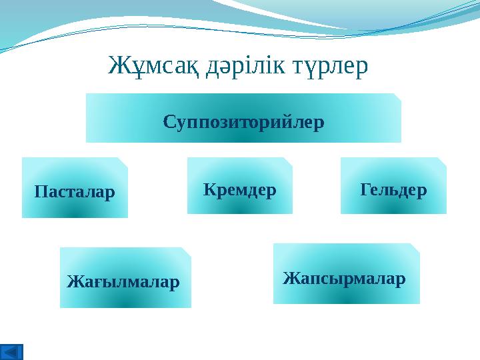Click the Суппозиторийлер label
coord(243,123)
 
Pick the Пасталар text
coord(75,192)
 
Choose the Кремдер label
coord(239,190)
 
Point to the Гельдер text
coord(393,190)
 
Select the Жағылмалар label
coord(123,282)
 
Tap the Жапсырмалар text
coord(344,277)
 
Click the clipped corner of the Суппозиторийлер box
coord(397,97)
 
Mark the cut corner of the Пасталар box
coord(123,161)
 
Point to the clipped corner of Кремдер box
coord(288,161)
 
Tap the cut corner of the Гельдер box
coord(442,161)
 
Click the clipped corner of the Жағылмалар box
coord(187,251)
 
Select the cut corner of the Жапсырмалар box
coord(415,247)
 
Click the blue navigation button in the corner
coord(12,351)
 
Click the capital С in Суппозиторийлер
coord(169,123)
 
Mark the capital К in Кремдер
coord(208,190)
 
